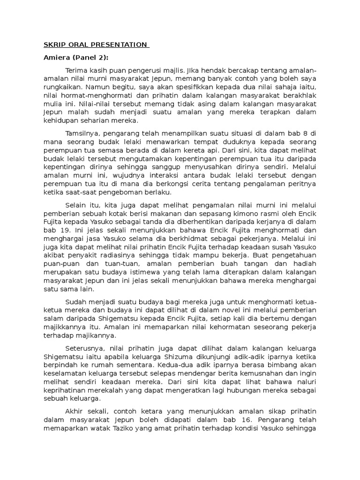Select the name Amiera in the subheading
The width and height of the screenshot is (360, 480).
click(56, 58)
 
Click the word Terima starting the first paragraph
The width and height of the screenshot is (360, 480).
click(77, 70)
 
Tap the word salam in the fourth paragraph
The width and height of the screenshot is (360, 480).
click(53, 318)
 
